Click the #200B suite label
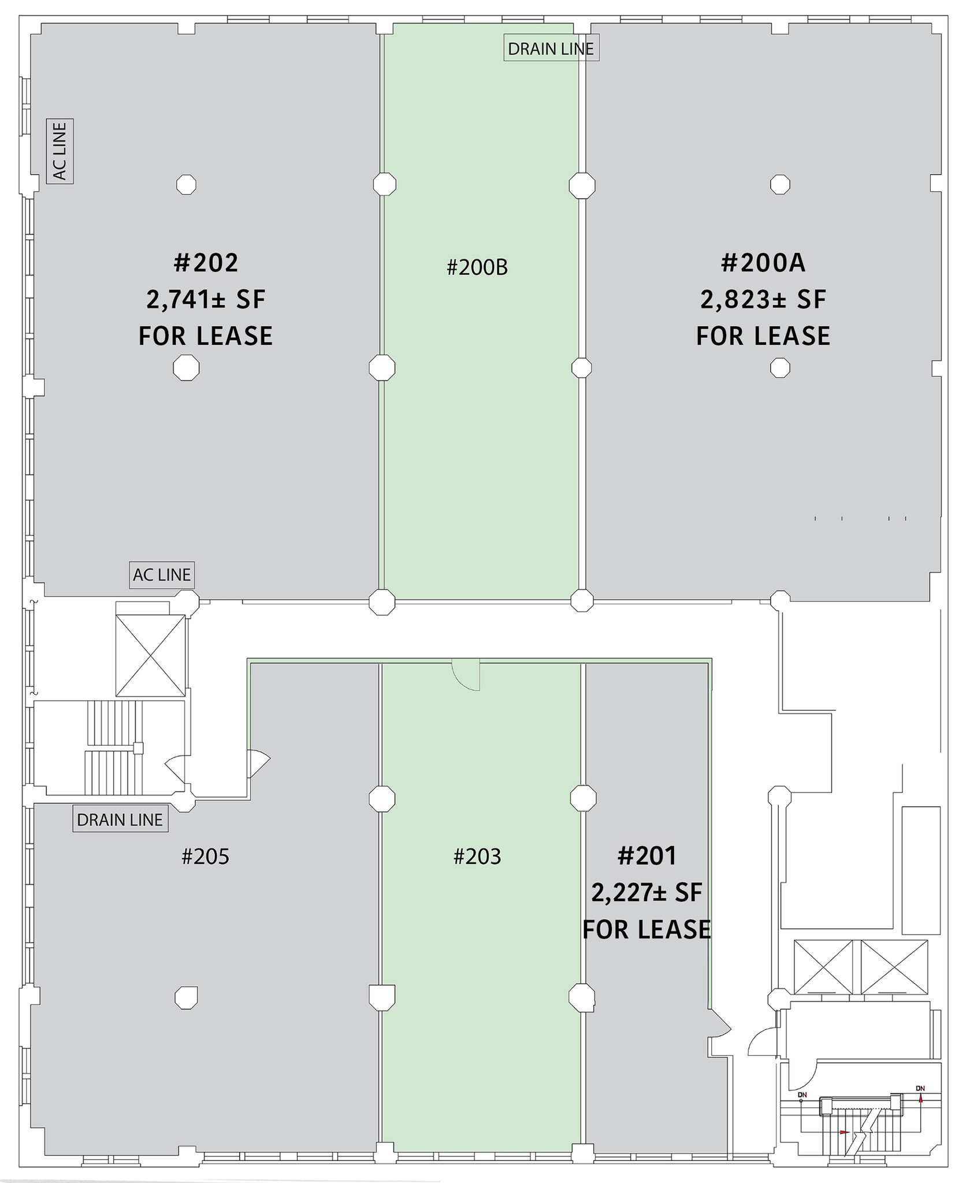(477, 267)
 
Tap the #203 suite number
(477, 856)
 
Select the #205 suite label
(205, 856)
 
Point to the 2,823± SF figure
(763, 299)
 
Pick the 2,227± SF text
(646, 893)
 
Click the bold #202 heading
(206, 263)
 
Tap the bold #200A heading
(763, 263)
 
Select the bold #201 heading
(646, 855)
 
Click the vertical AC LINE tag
(60, 151)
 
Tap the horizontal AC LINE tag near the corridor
(162, 575)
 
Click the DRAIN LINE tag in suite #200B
(551, 49)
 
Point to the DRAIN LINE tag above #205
(120, 819)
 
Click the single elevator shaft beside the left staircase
(150, 655)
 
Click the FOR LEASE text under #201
(646, 929)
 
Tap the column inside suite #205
(186, 996)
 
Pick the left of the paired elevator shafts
(823, 967)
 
